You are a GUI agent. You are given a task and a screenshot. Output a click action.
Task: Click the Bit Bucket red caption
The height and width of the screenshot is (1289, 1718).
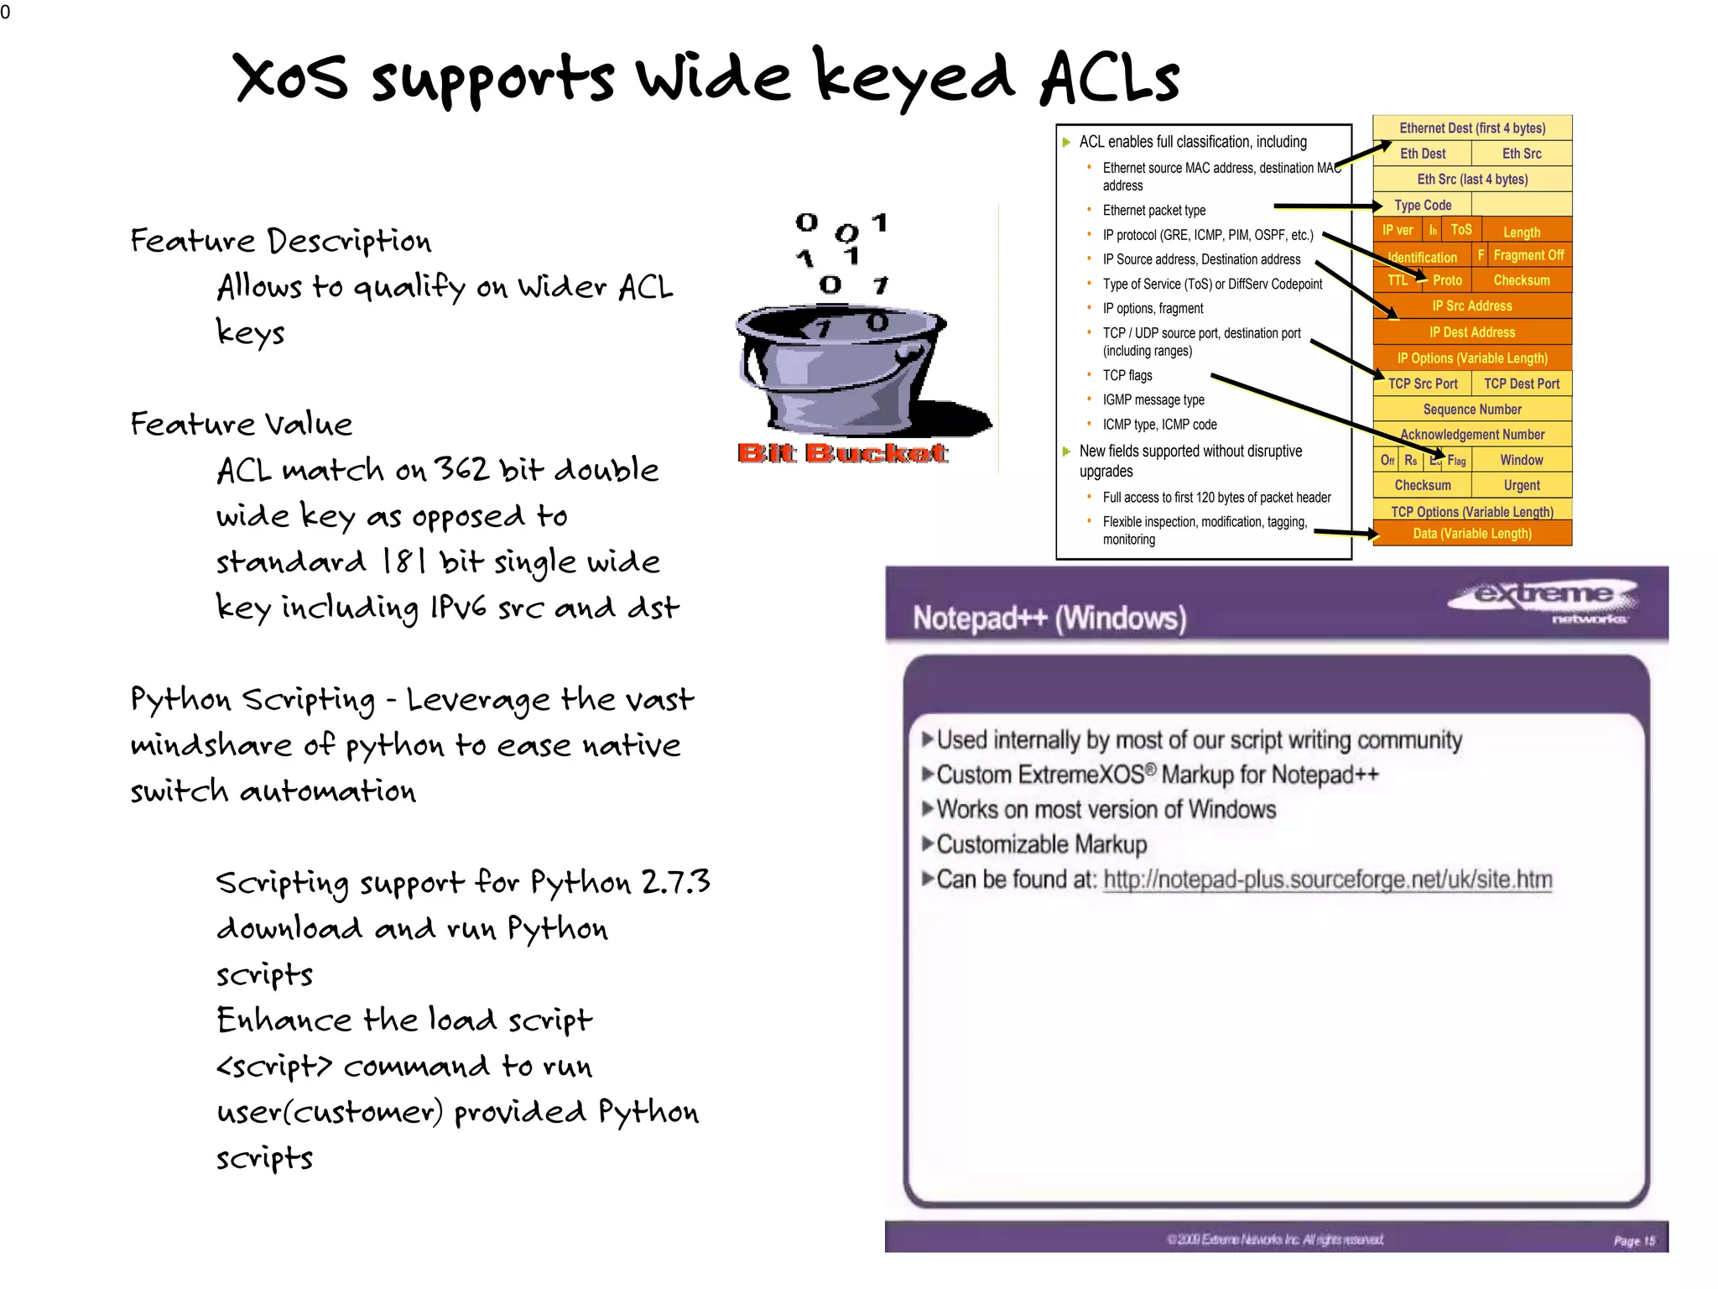tap(842, 453)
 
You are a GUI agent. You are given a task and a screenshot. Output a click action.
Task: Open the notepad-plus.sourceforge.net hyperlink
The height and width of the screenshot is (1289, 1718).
tap(1327, 879)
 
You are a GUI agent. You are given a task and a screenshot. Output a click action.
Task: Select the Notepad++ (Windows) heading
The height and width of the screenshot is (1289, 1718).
tap(1049, 618)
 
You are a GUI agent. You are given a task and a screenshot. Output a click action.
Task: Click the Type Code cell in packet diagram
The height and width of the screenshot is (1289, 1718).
tap(1423, 205)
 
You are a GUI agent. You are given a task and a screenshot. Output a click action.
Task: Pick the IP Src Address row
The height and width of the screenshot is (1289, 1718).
tap(1472, 306)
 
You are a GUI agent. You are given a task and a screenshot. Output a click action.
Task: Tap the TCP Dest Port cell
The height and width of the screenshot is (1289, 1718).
tap(1521, 384)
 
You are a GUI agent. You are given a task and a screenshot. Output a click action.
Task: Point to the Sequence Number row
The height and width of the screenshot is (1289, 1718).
tap(1472, 410)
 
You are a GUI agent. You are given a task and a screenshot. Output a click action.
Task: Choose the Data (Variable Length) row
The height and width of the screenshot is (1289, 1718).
tap(1472, 534)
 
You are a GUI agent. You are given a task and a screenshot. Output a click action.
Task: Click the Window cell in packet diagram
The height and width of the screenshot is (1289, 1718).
tap(1521, 460)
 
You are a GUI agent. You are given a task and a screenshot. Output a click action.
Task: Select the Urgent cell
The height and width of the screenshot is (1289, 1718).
tap(1521, 485)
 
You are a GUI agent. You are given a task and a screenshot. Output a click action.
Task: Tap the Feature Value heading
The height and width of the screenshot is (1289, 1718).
tap(242, 424)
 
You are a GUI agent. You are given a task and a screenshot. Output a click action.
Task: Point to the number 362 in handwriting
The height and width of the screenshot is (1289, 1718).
tap(461, 469)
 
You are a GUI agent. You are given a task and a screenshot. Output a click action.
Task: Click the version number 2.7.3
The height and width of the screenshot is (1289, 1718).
tap(675, 882)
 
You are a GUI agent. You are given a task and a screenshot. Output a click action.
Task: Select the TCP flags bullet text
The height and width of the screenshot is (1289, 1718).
tap(1127, 375)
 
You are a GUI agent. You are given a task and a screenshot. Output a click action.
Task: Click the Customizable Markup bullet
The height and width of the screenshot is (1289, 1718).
tap(1041, 844)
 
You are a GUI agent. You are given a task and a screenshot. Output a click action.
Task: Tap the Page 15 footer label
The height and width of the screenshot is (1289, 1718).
tap(1633, 1240)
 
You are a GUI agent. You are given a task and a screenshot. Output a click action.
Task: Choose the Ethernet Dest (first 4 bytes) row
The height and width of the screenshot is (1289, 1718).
tap(1472, 128)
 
